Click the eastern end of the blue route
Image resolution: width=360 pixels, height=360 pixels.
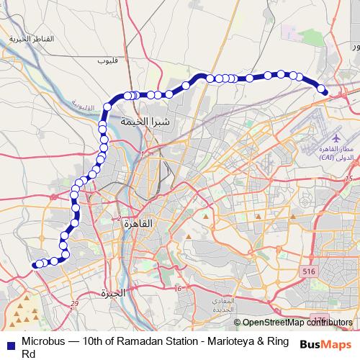[324, 91]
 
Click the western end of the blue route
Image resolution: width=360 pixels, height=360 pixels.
[35, 265]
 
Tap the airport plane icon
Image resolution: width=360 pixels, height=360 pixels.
[336, 136]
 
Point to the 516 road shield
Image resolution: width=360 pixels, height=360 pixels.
[309, 271]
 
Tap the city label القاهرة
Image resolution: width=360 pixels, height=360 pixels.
[139, 223]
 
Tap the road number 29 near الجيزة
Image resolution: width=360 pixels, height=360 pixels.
[75, 303]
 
